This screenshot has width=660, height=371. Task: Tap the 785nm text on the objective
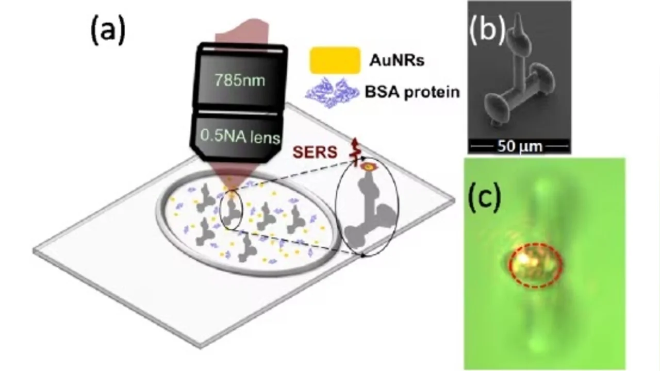[x=240, y=81]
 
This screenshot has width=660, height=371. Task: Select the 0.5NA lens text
[x=240, y=138]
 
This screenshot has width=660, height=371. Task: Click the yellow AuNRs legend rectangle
[x=335, y=60]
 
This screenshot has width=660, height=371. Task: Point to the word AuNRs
[x=397, y=60]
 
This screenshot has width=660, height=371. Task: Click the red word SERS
[x=315, y=152]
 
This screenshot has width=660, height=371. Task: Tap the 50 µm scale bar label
[x=520, y=146]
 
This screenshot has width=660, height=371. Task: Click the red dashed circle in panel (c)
[x=535, y=265]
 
